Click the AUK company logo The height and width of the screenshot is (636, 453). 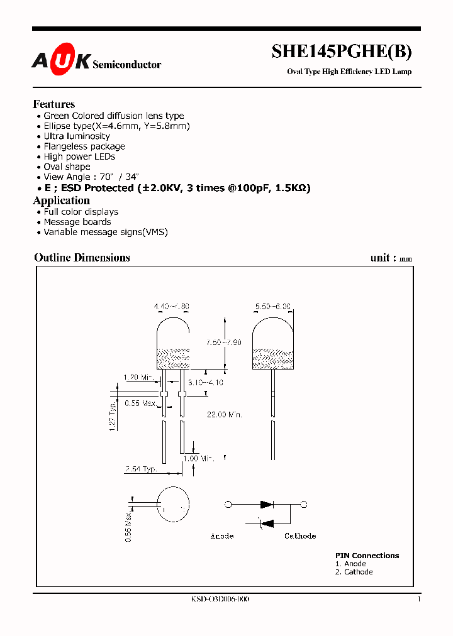(x=62, y=60)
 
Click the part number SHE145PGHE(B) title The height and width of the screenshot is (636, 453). (x=342, y=52)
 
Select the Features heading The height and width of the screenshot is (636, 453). (x=54, y=104)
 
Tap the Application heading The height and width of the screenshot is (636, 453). (x=61, y=200)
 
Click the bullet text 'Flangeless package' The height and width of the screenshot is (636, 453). (x=84, y=146)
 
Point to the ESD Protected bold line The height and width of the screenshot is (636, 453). (x=177, y=188)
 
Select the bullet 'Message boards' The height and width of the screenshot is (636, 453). (x=77, y=222)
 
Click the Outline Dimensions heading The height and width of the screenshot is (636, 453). (x=82, y=258)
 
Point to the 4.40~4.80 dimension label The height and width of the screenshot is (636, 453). (x=171, y=307)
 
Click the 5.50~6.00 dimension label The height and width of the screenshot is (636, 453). (x=273, y=307)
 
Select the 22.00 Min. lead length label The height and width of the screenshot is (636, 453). (x=225, y=415)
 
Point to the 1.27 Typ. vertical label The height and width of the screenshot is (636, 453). (x=112, y=416)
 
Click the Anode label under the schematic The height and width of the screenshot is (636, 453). (x=221, y=536)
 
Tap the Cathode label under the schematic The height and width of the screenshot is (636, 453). (x=300, y=536)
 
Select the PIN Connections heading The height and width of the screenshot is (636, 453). (x=367, y=556)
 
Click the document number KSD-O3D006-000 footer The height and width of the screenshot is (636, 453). (x=220, y=600)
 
